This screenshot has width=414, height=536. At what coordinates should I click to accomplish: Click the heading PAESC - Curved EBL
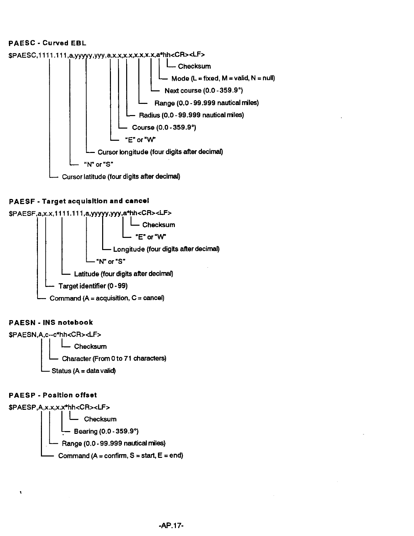[47, 43]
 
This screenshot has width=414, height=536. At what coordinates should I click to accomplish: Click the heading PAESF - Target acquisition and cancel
[79, 201]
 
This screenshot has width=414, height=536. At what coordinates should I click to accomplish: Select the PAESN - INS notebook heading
[51, 322]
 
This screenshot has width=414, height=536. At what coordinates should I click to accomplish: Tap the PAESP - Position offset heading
[53, 395]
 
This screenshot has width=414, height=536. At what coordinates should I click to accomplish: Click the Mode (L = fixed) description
[223, 79]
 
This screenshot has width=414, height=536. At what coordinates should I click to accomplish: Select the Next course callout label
[204, 91]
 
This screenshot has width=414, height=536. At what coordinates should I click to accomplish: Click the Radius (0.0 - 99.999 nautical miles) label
[191, 115]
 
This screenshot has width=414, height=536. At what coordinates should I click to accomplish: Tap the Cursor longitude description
[160, 152]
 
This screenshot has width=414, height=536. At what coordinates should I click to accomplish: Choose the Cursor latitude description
[121, 177]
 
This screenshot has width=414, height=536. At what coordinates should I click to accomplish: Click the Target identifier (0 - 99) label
[93, 286]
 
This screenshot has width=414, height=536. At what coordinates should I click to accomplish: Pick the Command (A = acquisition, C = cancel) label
[107, 298]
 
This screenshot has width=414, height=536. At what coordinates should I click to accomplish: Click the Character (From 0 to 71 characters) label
[114, 358]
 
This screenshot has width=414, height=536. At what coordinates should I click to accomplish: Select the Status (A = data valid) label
[84, 371]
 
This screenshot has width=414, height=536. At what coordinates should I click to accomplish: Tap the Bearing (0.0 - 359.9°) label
[106, 431]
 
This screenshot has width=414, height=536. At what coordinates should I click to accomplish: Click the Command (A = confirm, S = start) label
[120, 455]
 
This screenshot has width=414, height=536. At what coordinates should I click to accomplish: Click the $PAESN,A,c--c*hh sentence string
[55, 335]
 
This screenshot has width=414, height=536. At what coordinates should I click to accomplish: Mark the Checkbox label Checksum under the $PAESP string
[100, 419]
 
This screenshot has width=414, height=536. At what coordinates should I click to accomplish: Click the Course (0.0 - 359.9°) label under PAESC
[164, 127]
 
